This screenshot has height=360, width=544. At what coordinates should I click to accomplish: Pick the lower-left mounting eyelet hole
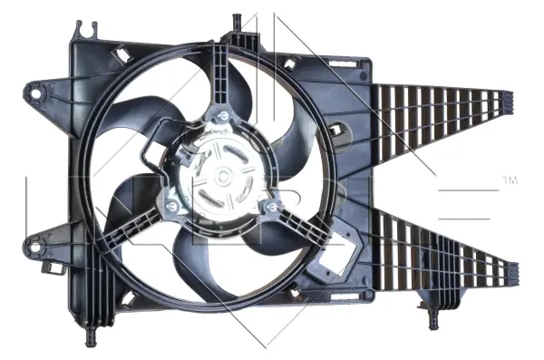point(36,241)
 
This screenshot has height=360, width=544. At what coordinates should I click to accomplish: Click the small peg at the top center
point(237,19)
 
